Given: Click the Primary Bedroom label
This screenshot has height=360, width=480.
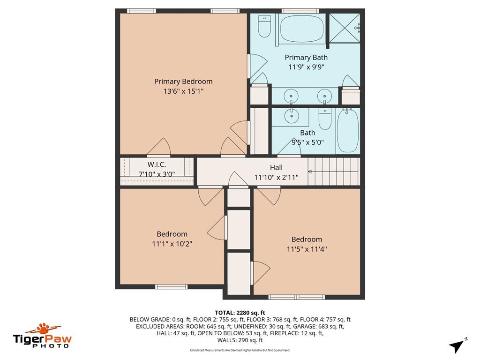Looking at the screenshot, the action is pos(183,82).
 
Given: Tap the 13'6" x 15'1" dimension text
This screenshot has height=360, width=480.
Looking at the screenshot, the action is pos(183,91).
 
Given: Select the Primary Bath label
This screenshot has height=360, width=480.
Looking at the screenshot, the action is pos(306,58).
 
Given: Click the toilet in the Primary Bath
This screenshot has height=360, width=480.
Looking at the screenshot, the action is pos(264,26).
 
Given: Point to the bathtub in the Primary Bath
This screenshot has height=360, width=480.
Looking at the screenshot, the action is pos(302,28).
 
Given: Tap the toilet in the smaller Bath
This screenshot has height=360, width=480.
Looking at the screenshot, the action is pos(325,119).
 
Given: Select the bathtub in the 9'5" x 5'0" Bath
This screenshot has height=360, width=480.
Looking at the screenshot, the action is pos(348,131).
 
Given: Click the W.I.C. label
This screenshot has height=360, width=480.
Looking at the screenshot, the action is pos(157,165).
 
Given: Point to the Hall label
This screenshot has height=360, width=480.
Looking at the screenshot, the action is pos(276,167).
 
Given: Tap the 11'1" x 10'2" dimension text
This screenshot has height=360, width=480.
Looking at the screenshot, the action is pos(172,244).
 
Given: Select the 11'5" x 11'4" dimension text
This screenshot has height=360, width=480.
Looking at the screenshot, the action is pos(307,249).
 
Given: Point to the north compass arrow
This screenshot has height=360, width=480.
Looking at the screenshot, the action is pos(457,346).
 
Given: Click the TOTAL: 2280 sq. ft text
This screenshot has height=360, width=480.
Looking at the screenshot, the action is pos(240,313).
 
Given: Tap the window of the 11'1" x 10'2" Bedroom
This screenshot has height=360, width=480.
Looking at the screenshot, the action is pos(171,287).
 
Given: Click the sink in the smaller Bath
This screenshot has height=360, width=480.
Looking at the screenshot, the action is pos(291,116).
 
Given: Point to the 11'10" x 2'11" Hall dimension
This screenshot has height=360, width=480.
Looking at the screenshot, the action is pos(277,178).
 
